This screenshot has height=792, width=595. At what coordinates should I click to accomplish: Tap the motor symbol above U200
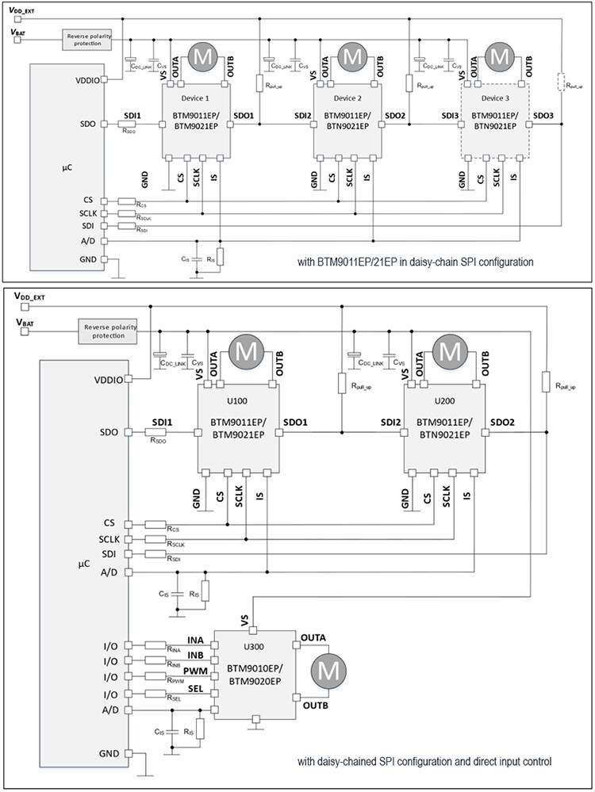451,350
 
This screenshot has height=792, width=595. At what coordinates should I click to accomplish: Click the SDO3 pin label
543,117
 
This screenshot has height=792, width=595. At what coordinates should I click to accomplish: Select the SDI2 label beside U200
391,421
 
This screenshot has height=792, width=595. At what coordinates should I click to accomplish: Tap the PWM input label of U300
195,671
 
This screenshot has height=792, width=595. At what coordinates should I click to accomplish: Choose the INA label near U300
196,639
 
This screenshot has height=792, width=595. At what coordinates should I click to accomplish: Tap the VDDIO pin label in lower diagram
108,380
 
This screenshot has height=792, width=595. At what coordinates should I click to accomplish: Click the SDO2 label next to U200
502,421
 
